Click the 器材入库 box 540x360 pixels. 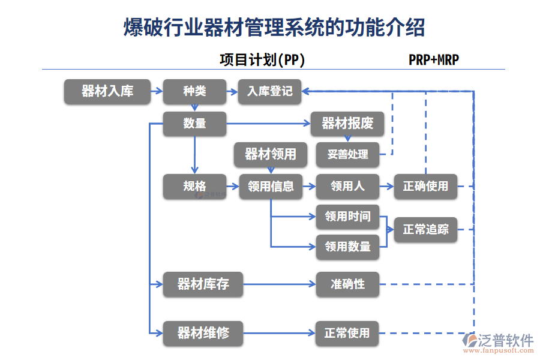[107, 92]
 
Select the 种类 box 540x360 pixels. [194, 92]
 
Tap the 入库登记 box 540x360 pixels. [269, 92]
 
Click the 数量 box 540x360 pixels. [194, 124]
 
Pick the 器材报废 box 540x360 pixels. [347, 124]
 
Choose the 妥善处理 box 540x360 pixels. [347, 155]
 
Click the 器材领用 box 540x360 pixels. [270, 155]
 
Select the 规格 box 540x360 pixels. [194, 187]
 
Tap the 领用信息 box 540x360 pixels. [270, 187]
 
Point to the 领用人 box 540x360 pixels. [347, 187]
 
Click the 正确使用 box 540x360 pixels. [425, 187]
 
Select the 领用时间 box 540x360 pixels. [347, 217]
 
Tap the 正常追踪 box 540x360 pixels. [425, 230]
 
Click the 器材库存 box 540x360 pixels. [203, 284]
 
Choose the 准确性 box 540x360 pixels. [347, 284]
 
